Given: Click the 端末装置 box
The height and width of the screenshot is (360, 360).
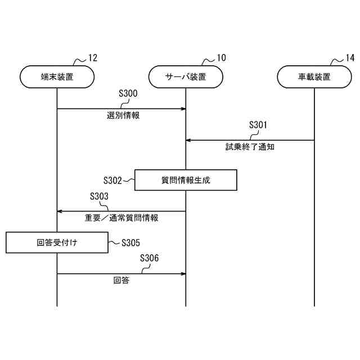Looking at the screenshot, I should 57,77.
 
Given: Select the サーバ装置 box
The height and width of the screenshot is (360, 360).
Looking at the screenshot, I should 186,77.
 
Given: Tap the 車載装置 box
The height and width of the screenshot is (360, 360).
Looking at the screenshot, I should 314,77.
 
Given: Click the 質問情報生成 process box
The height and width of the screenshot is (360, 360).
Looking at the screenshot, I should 186,181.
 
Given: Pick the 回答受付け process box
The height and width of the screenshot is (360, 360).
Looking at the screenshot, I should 57,243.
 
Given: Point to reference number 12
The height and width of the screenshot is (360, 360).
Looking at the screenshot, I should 92,58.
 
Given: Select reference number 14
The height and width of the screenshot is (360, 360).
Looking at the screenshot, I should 349,58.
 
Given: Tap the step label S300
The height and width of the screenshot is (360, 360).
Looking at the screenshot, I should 128,93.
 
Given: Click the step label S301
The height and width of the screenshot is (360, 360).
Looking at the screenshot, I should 258,125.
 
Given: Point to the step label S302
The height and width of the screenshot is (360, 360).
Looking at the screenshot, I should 112,181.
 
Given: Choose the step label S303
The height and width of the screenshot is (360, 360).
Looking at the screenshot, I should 99,196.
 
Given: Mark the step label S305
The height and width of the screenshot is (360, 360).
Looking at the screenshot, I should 130,243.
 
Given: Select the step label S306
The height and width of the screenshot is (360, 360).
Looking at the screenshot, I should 149,258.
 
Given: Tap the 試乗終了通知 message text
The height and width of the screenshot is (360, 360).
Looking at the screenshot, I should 250,147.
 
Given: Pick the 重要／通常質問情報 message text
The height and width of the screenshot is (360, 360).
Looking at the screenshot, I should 121,218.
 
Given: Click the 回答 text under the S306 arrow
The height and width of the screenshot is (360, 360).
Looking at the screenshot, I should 121,280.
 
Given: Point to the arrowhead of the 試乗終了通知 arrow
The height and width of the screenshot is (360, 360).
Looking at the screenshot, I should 188,140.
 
